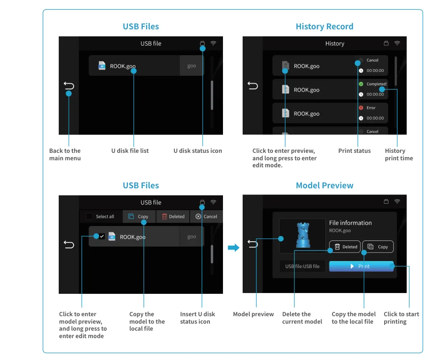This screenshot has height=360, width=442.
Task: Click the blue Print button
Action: tap(361, 266)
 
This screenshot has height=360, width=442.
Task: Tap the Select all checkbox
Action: tap(90, 216)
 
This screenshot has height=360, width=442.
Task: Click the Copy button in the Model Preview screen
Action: tap(378, 247)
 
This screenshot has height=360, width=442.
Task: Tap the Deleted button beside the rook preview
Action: tap(345, 247)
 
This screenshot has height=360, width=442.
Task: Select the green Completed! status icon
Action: tap(361, 84)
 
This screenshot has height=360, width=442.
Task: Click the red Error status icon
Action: tap(361, 108)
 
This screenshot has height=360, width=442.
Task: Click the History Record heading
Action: tap(324, 27)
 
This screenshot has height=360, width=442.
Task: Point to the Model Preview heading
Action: tap(324, 186)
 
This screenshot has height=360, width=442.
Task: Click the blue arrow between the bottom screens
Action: tap(233, 248)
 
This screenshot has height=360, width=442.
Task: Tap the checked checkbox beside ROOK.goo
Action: tap(102, 236)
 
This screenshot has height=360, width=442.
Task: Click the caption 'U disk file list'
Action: tap(130, 151)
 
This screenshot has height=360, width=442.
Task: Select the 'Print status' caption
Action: tap(354, 151)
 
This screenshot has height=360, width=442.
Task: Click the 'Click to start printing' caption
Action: tap(401, 318)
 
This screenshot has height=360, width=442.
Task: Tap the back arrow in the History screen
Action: tap(253, 85)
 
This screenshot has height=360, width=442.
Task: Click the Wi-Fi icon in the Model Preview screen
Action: tap(397, 202)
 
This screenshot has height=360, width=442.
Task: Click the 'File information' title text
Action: tap(350, 223)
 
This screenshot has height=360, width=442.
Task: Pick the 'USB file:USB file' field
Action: tap(302, 266)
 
